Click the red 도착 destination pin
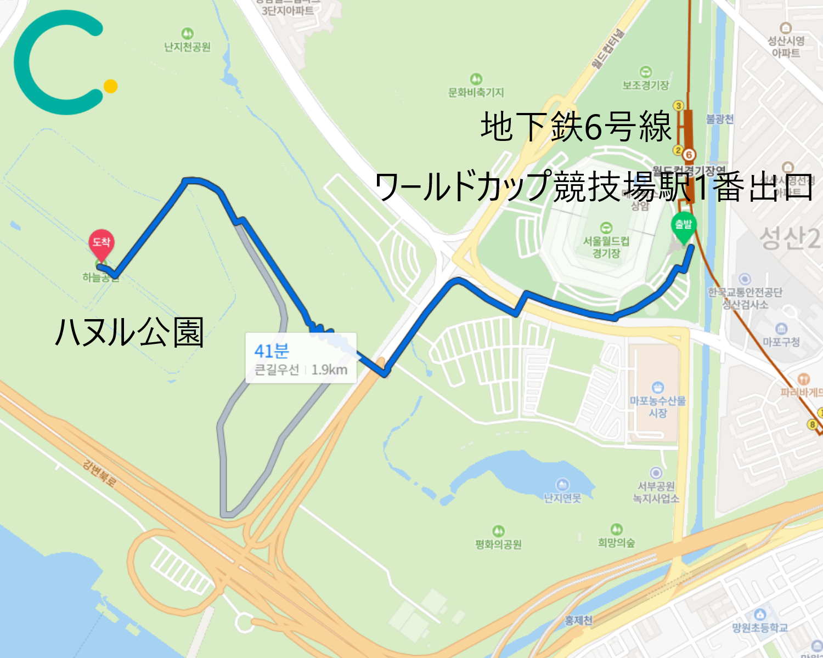(x=101, y=243)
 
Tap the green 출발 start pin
(x=684, y=225)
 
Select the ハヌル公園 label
(x=129, y=332)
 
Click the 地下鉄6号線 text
(x=576, y=127)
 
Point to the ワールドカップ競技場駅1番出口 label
(x=593, y=186)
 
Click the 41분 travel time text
(x=272, y=350)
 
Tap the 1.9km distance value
(x=329, y=370)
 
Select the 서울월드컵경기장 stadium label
(x=606, y=247)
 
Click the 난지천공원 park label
(x=187, y=47)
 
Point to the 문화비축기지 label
(x=476, y=92)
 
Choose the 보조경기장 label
(x=646, y=85)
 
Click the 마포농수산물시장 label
(x=657, y=406)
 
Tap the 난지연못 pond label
(x=562, y=498)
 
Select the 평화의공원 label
(x=498, y=544)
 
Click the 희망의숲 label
(x=616, y=542)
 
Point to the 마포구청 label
(x=781, y=342)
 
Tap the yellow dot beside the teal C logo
(x=111, y=86)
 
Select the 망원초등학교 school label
(x=760, y=627)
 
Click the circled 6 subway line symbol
(x=689, y=155)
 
